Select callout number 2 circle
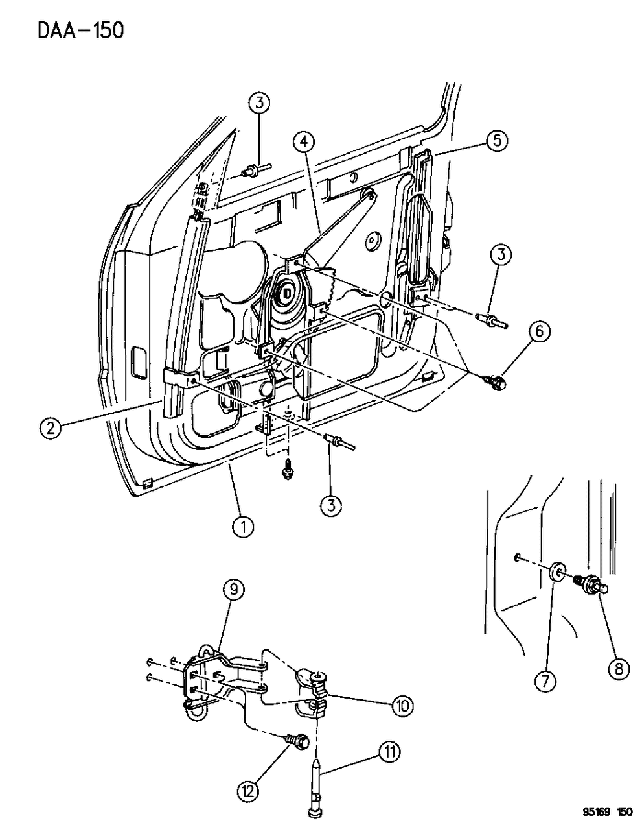coord(49,427)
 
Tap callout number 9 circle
coord(234,590)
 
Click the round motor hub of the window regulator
coord(286,294)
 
